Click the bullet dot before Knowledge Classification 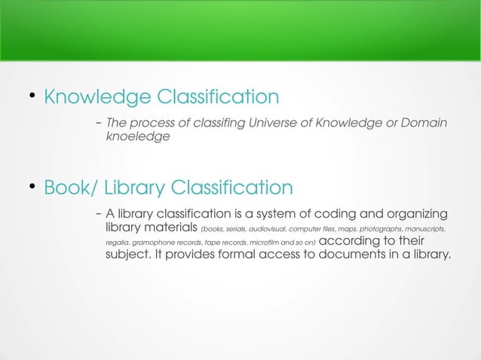[32, 96]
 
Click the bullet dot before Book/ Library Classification [32, 185]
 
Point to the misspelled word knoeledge [137, 137]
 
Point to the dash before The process [99, 123]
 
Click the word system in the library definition [261, 213]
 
